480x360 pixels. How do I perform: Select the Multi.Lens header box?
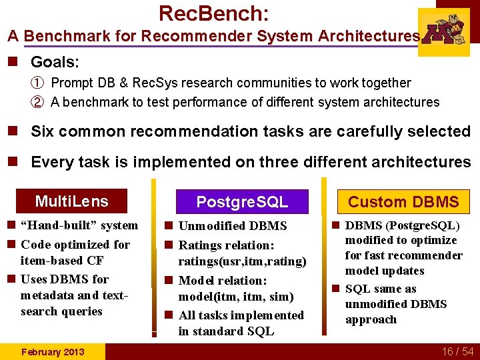71,201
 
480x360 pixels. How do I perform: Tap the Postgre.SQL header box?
242,201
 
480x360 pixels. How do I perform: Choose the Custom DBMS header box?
403,201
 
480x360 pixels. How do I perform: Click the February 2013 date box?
53,351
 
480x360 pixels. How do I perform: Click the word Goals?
55,63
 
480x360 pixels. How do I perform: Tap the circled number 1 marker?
38,83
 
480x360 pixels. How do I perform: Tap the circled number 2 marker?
38,102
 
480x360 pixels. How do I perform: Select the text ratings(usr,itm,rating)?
242,261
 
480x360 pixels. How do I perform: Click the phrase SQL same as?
381,289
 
